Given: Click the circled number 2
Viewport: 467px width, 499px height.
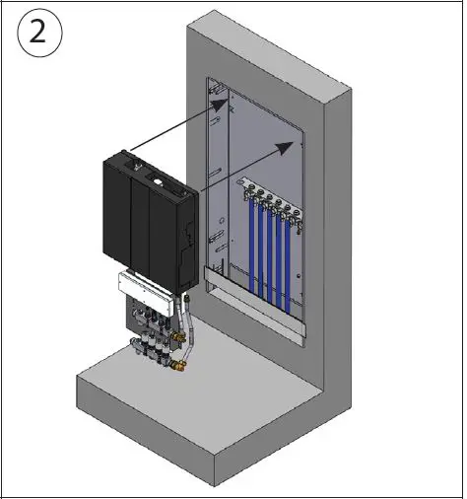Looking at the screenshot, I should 38,37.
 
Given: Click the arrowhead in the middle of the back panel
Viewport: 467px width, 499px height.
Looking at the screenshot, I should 287,145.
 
